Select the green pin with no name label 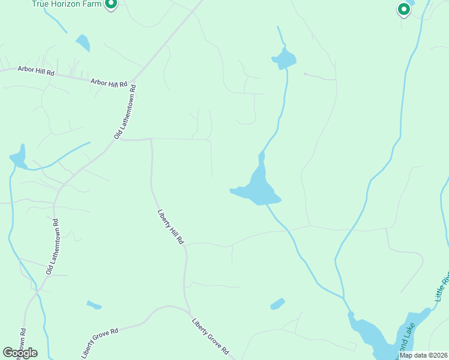[x=404, y=10]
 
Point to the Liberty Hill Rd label [x=170, y=226]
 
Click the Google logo [x=20, y=353]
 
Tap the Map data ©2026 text [x=423, y=355]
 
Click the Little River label [x=442, y=288]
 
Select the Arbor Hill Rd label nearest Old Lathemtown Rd [x=109, y=83]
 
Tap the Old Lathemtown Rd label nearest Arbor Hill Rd [x=125, y=112]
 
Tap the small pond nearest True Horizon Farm [x=83, y=43]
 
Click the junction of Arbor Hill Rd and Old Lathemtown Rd [x=133, y=80]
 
